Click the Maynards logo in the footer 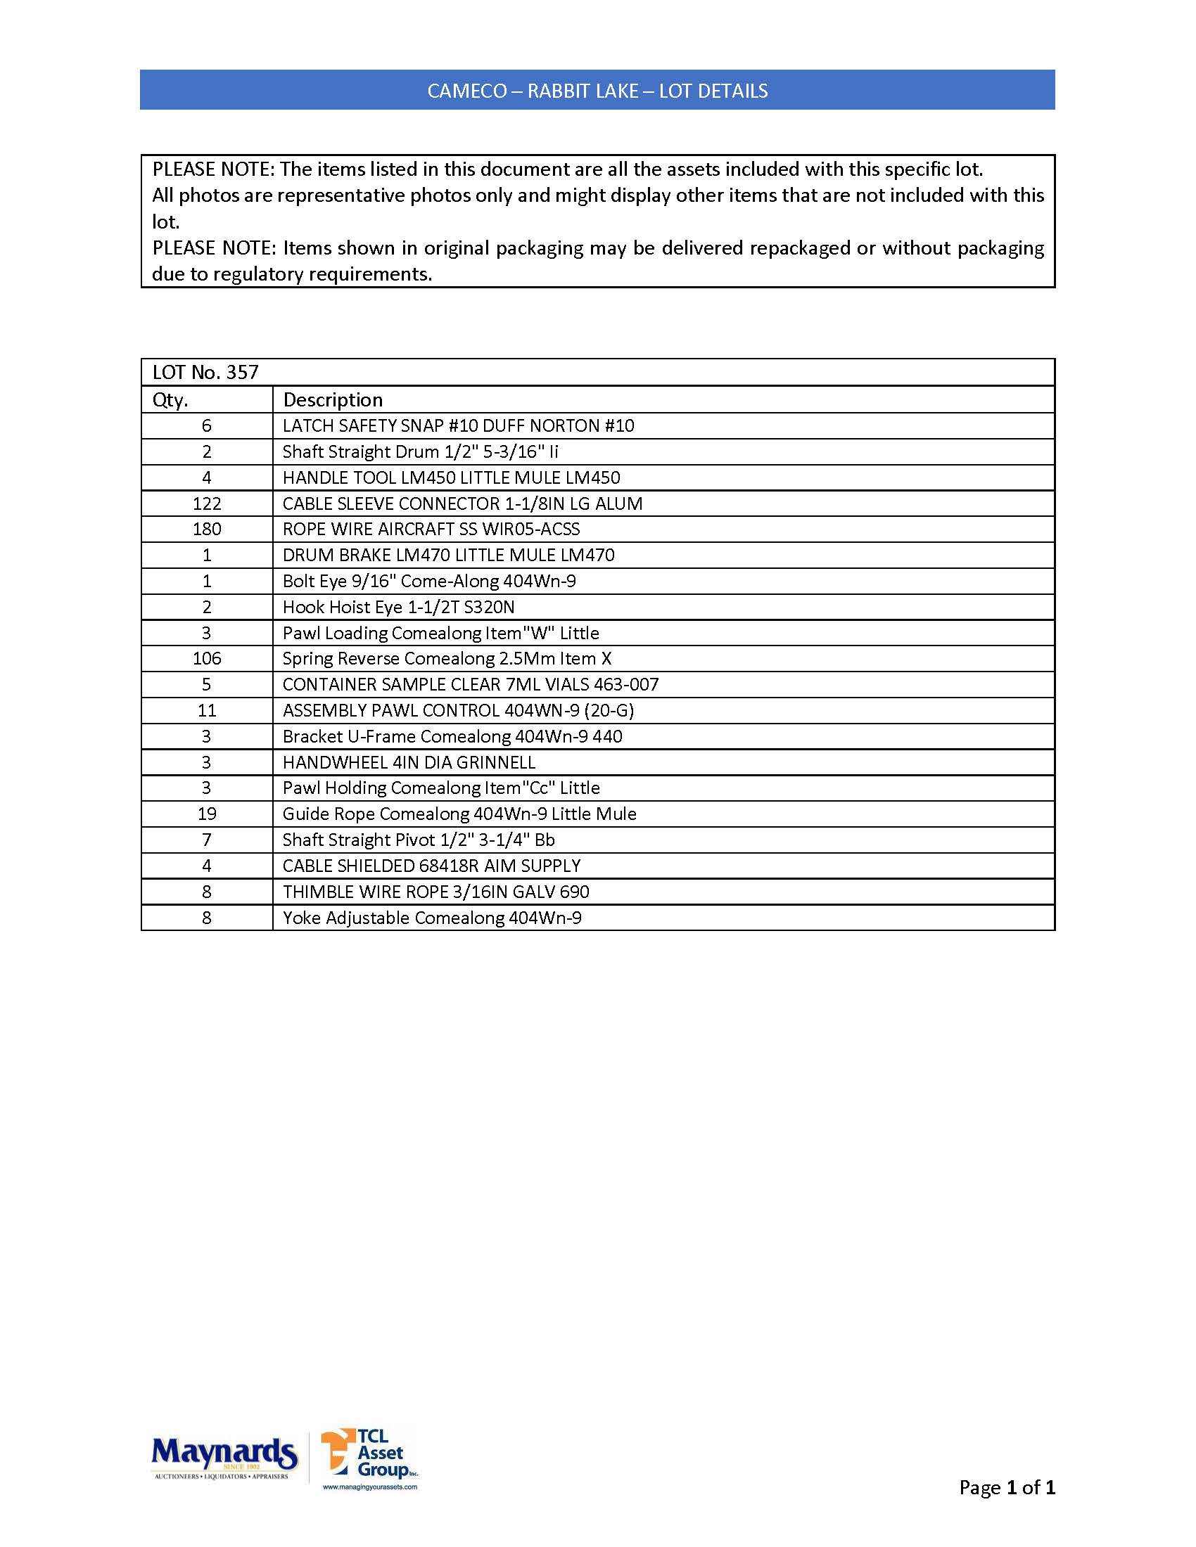[x=224, y=1457]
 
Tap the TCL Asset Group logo [x=370, y=1457]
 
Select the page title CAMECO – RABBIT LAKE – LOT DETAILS [x=597, y=91]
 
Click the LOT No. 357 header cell [x=205, y=373]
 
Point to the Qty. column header [x=171, y=400]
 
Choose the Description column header [x=332, y=400]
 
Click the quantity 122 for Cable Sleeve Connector [x=207, y=503]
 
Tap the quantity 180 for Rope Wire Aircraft [x=207, y=529]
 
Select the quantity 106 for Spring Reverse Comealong [x=207, y=659]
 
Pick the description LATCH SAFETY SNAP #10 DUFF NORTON [x=458, y=425]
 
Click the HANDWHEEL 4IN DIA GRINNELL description [x=409, y=762]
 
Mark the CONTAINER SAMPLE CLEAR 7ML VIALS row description [x=471, y=684]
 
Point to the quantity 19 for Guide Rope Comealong [x=207, y=814]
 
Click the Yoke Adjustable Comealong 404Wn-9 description [x=431, y=918]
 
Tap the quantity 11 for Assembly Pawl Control [x=207, y=710]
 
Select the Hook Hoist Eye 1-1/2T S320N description [x=398, y=607]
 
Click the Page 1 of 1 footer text [x=1007, y=1487]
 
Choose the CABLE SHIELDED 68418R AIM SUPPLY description [x=431, y=866]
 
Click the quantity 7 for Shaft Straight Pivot [x=207, y=840]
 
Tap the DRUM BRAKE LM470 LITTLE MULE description [x=447, y=556]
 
